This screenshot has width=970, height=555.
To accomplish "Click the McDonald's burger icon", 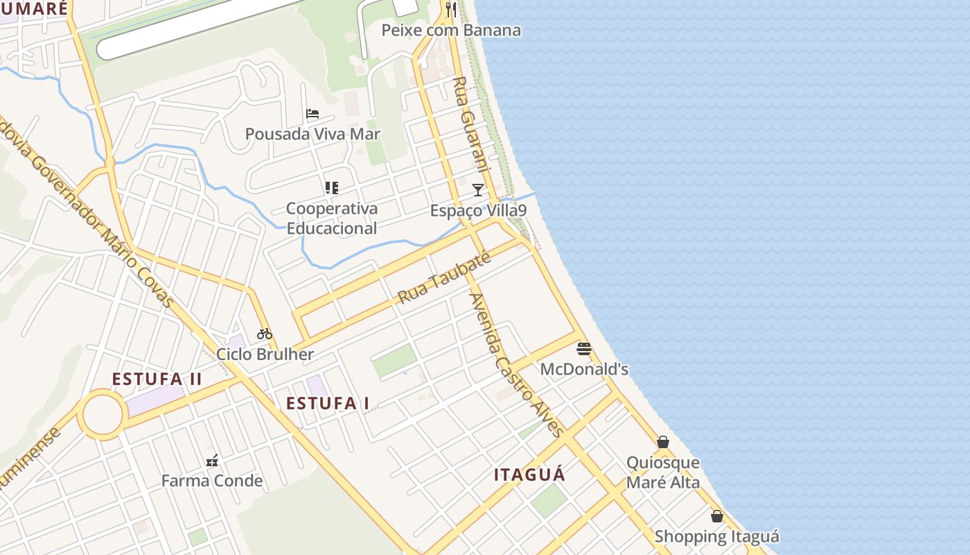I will tap(584, 348).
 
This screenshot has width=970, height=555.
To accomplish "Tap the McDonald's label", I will tap(584, 369).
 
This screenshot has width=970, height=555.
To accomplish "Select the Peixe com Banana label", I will tap(451, 31).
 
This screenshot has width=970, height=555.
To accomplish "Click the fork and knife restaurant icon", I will tap(451, 9).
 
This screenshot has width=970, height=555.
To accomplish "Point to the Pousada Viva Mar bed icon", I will tap(312, 114).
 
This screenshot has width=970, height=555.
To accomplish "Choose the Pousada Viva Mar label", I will tap(312, 134).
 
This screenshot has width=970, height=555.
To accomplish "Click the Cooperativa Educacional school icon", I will tap(332, 188).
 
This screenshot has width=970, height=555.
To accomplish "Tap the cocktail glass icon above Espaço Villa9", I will tap(477, 190).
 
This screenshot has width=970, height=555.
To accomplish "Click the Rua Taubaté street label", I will tap(444, 278).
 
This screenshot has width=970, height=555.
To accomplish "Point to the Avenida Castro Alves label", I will tap(516, 364).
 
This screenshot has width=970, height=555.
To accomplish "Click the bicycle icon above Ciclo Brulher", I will tap(265, 334).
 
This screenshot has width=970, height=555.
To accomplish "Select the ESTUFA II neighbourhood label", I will tap(157, 379).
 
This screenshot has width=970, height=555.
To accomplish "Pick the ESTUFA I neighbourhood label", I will tap(327, 403).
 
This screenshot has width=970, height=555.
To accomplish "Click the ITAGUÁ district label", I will tap(529, 475).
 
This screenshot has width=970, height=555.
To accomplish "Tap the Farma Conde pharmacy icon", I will tap(212, 460).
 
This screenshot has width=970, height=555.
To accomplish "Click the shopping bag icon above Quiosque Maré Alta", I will tap(663, 442).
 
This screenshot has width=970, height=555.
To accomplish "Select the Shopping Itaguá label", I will tap(716, 536).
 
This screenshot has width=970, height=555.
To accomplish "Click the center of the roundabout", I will tap(103, 414).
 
